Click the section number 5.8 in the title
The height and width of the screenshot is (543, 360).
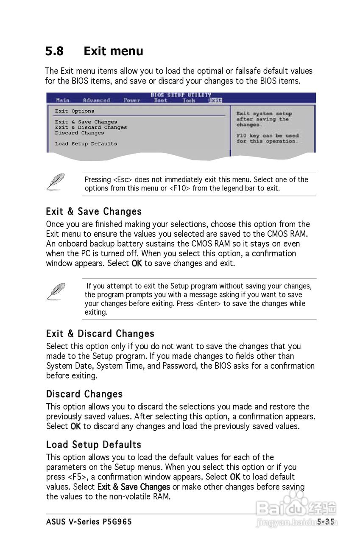[x=54, y=51]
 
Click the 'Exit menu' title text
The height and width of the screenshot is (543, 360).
[x=113, y=51]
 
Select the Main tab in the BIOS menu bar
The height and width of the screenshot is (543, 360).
[x=63, y=100]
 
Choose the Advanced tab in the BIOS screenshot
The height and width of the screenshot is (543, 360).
[x=96, y=100]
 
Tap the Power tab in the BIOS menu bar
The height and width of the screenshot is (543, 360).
[x=132, y=100]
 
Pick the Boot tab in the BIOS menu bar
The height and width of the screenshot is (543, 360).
[x=161, y=100]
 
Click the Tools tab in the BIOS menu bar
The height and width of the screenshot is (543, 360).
[x=189, y=100]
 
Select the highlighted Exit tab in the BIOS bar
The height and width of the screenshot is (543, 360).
[x=215, y=100]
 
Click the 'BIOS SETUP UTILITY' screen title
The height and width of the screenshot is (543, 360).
[x=181, y=95]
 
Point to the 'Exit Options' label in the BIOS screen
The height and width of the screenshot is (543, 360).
[x=75, y=111]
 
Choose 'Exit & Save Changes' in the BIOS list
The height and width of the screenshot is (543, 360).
[x=86, y=122]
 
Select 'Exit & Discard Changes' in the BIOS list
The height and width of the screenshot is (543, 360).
[x=91, y=127]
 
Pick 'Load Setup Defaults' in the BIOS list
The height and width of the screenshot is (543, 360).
[x=86, y=144]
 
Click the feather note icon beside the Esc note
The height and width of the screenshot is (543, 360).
[x=55, y=182]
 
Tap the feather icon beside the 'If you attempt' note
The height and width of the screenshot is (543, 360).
[x=55, y=291]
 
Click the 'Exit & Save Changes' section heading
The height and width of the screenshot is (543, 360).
[x=94, y=211]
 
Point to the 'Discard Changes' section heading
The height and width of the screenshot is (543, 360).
[x=84, y=394]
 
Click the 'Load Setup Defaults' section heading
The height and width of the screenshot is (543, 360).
[x=94, y=445]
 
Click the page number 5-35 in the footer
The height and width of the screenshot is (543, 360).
[x=325, y=522]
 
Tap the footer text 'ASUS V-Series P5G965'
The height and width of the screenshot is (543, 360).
[x=89, y=522]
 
